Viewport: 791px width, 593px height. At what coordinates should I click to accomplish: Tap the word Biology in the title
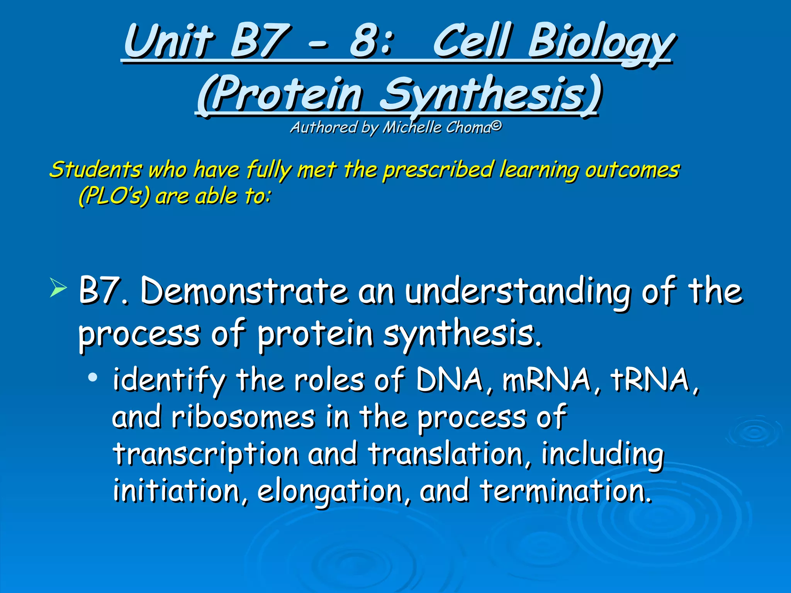click(601, 42)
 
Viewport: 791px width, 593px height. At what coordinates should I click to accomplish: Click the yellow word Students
click(95, 169)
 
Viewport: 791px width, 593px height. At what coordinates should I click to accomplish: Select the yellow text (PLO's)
click(114, 196)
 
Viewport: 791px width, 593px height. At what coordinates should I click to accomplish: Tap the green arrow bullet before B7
click(58, 289)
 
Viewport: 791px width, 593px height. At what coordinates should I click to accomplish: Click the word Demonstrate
click(243, 291)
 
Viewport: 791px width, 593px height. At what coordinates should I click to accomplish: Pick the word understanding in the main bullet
click(518, 292)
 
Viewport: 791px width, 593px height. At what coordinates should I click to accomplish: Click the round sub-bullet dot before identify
click(92, 377)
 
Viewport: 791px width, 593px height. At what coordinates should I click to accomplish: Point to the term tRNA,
click(655, 380)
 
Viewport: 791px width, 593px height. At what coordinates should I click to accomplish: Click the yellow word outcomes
click(632, 169)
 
